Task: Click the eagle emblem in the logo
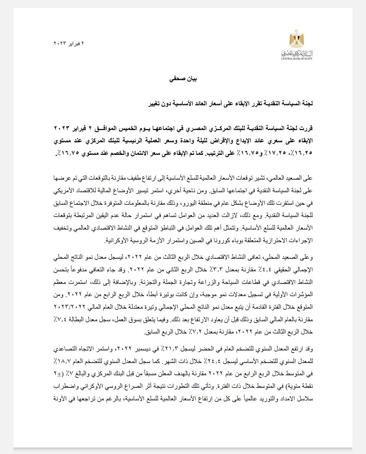(297, 40)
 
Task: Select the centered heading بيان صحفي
(183, 79)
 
